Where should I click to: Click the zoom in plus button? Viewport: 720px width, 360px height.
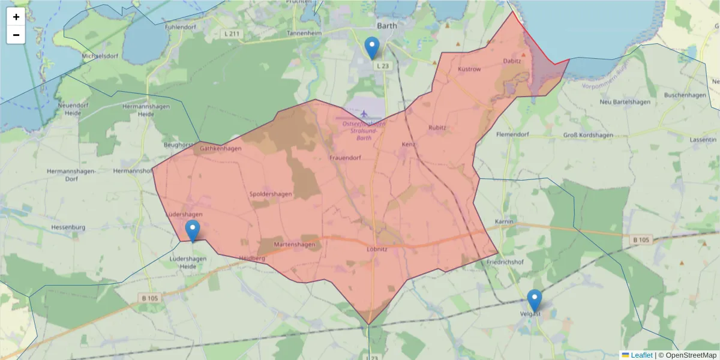point(16,17)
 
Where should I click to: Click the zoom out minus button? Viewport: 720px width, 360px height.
point(16,35)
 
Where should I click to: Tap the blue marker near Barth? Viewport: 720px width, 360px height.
point(372,47)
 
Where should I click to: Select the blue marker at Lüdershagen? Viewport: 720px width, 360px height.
point(193,230)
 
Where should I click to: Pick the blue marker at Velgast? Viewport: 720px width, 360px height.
point(534,300)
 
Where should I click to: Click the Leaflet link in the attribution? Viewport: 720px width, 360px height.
point(641,355)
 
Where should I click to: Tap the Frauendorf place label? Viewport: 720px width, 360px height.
point(345,158)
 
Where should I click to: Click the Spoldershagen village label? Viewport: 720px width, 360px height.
point(271,194)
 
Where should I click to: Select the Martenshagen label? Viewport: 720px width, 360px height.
point(294,245)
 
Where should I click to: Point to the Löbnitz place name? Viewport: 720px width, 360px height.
point(377,248)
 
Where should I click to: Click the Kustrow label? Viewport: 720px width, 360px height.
point(469,70)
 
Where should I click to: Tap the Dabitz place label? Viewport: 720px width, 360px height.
point(512,61)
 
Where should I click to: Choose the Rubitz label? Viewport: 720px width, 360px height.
point(437,128)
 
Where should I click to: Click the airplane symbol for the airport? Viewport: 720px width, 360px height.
point(364,113)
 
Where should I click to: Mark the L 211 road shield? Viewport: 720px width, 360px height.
point(232,34)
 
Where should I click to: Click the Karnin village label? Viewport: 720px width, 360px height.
point(504,222)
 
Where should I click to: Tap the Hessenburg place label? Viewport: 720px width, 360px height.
point(69,227)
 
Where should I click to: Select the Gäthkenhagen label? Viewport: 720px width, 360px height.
point(221,149)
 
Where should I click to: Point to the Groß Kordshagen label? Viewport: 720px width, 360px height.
point(588,135)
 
